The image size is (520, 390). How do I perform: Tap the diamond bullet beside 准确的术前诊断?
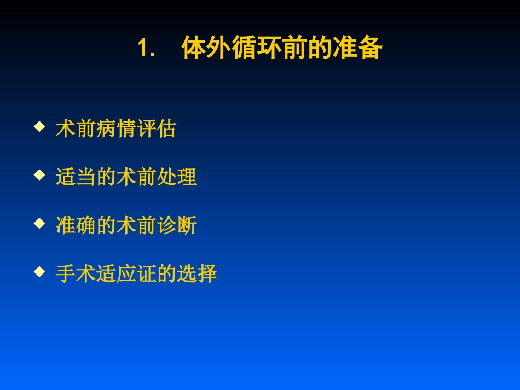pyautogui.click(x=39, y=223)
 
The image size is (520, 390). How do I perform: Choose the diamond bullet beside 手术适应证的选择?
pyautogui.click(x=39, y=271)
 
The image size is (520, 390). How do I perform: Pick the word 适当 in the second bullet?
pyautogui.click(x=76, y=177)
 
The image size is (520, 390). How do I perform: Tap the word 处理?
pyautogui.click(x=176, y=177)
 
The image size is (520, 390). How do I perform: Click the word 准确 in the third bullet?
pyautogui.click(x=76, y=225)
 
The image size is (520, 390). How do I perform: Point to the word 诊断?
pyautogui.click(x=176, y=225)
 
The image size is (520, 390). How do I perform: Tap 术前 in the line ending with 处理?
pyautogui.click(x=136, y=177)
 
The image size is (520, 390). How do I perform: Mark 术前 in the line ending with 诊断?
pyautogui.click(x=136, y=225)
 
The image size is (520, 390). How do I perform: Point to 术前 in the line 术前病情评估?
pyautogui.click(x=76, y=130)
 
